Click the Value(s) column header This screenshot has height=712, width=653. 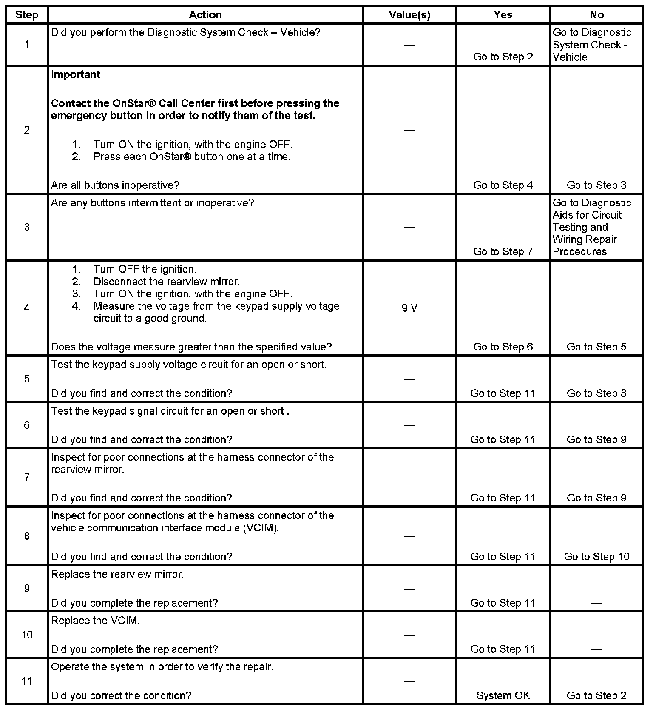[409, 15]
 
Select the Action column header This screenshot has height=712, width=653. [205, 15]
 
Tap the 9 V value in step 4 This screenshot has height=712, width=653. [409, 308]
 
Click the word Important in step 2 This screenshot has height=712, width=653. [76, 74]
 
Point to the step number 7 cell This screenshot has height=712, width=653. [27, 477]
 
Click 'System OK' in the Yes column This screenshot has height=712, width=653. [503, 695]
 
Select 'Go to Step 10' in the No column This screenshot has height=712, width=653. [596, 556]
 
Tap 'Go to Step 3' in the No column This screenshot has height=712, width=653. [596, 185]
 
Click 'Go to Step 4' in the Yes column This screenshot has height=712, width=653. [503, 185]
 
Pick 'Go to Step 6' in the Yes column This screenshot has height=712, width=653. [503, 347]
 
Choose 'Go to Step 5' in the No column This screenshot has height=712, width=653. [596, 347]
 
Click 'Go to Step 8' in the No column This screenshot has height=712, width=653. [596, 393]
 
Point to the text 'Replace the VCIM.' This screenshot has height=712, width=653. [95, 621]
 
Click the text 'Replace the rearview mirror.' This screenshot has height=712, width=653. [117, 574]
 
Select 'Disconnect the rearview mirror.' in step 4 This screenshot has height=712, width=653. [167, 282]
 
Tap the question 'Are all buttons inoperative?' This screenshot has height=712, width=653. [115, 185]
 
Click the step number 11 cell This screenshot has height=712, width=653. [27, 681]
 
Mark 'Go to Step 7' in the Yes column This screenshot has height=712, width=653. [503, 251]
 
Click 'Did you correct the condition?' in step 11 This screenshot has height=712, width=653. [121, 695]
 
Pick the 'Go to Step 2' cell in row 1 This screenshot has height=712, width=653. [503, 57]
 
